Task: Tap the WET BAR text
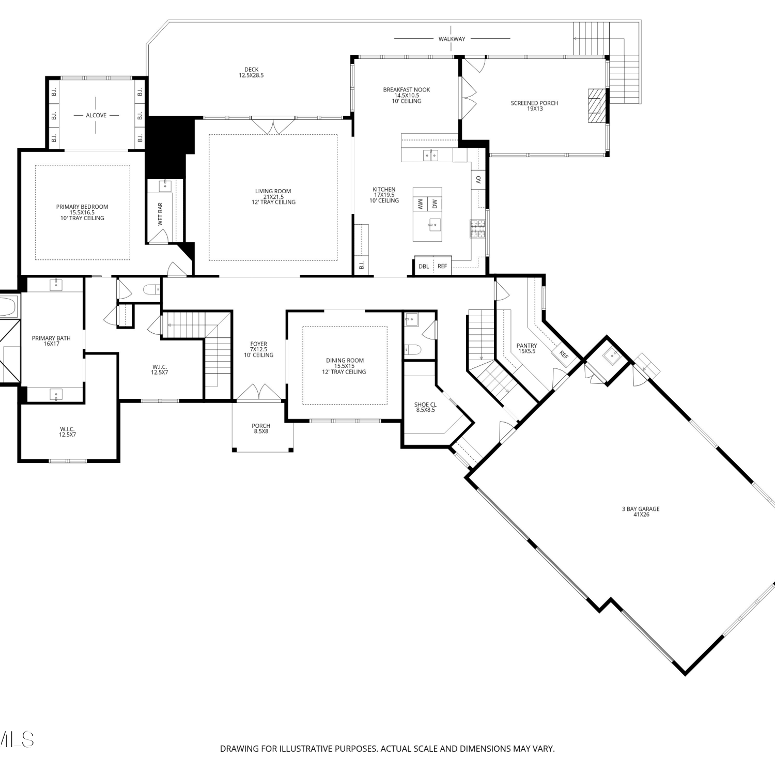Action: pos(160,214)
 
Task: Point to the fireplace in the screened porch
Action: pos(596,105)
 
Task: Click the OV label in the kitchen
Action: pos(478,180)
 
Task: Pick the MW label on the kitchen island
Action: pos(420,204)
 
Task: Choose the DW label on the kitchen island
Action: pos(435,204)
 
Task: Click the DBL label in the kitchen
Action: pos(424,267)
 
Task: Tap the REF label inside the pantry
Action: pos(564,356)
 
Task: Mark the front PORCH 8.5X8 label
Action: pos(261,428)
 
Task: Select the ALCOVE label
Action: pos(96,115)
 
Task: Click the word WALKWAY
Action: pos(452,39)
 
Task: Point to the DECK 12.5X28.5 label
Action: pos(251,72)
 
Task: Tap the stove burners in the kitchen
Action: pos(477,229)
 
